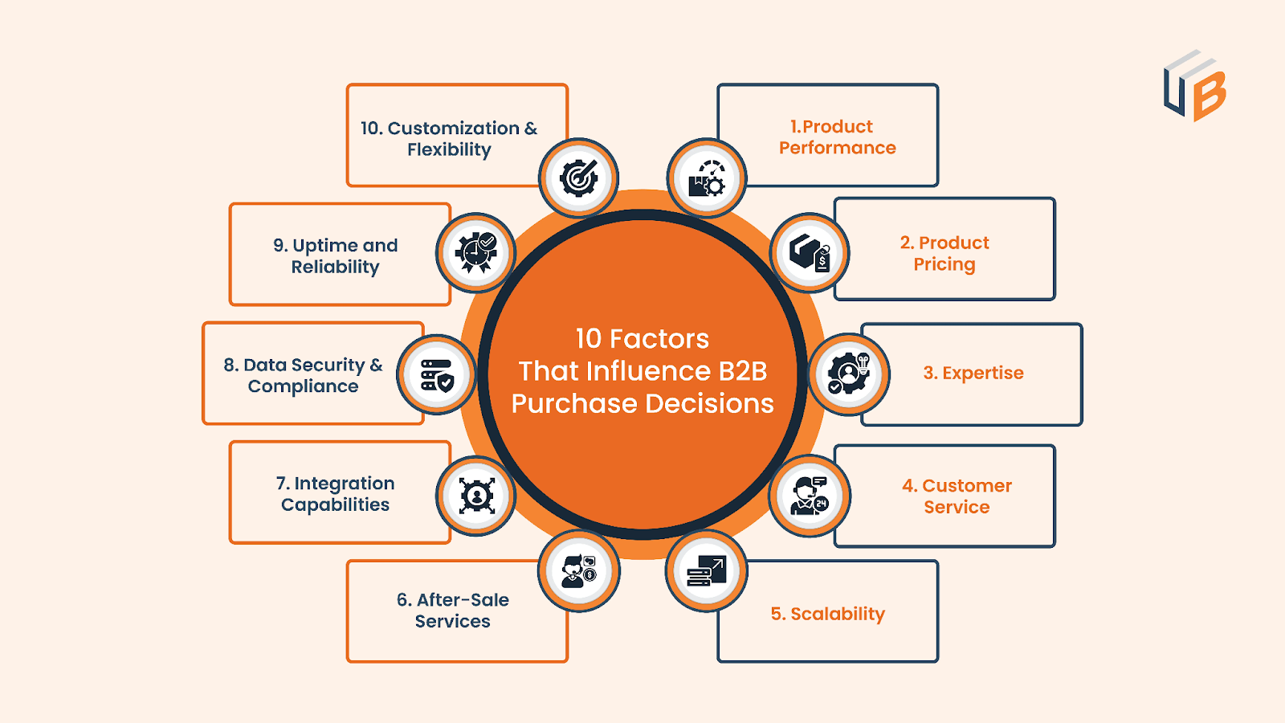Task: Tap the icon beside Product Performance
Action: tap(707, 178)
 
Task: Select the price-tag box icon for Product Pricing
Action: tap(810, 253)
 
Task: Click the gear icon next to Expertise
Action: tap(849, 374)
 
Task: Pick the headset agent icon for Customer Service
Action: tap(810, 496)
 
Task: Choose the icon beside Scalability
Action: tap(707, 571)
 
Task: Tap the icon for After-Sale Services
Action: tap(579, 571)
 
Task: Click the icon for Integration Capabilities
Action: tap(476, 496)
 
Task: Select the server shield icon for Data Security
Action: tap(437, 375)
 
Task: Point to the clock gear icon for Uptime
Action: tap(476, 253)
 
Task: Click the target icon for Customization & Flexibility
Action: tap(579, 178)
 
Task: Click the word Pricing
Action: tap(944, 264)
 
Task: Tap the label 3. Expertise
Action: tap(973, 373)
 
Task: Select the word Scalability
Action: tap(838, 614)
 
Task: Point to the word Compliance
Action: tap(303, 386)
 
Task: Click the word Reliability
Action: tap(335, 267)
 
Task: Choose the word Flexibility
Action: tap(449, 149)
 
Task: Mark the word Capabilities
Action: tap(335, 504)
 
